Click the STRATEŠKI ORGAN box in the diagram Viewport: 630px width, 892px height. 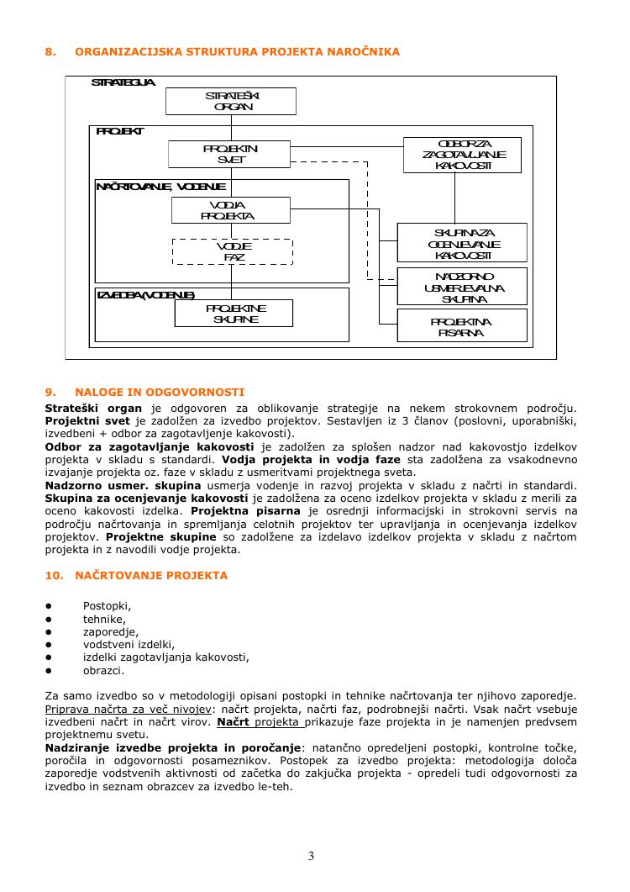point(231,101)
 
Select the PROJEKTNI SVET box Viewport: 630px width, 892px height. point(231,154)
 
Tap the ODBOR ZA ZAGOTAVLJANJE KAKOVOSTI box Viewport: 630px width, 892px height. point(462,155)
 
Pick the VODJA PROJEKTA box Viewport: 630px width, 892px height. point(231,210)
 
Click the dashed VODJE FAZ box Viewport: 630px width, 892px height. point(233,251)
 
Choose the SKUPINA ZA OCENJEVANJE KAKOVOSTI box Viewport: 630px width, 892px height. point(462,243)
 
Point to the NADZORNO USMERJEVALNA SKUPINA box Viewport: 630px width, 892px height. point(462,287)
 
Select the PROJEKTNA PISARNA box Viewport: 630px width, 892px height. point(462,326)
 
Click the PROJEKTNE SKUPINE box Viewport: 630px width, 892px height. point(234,314)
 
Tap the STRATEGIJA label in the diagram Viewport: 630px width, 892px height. point(123,82)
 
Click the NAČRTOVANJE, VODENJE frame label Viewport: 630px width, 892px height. point(160,186)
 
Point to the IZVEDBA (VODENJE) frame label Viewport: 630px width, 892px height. point(146,295)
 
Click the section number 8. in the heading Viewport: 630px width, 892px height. point(50,52)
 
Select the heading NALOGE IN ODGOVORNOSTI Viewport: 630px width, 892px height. point(160,392)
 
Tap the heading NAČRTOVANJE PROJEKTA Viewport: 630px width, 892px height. point(151,576)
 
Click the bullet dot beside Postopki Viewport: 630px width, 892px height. point(49,605)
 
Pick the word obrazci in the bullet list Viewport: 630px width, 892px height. point(103,671)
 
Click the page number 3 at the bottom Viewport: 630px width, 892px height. point(311,857)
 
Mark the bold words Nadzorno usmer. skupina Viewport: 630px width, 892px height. point(123,486)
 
